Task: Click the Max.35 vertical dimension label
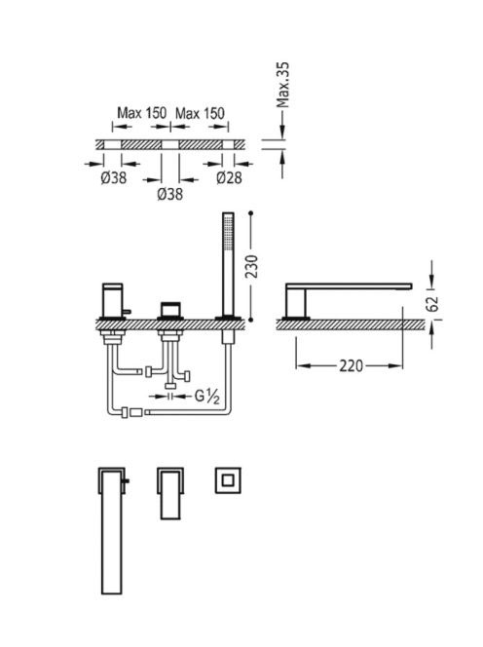coord(283,85)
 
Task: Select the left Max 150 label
coord(142,113)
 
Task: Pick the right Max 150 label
coord(200,113)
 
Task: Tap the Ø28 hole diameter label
coord(229,178)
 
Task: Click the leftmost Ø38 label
coord(113,178)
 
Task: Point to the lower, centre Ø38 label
coord(170,194)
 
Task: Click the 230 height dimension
coord(252,267)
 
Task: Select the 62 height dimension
coord(432,304)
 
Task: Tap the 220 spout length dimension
coord(351,365)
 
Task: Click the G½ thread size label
coord(207,397)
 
